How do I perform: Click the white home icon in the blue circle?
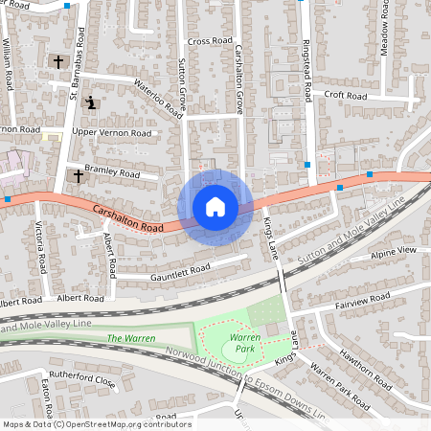pos(215,207)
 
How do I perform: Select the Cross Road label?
pos(210,41)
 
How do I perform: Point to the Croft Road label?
pos(346,96)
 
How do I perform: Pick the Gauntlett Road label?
pos(179,272)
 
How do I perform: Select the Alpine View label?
pos(394,250)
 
